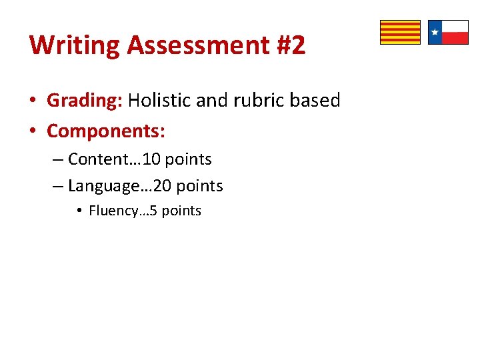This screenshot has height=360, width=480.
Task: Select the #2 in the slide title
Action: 289,45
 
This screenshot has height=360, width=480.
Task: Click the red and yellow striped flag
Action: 400,32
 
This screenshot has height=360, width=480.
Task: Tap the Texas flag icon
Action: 448,32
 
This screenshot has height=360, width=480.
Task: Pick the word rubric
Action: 254,101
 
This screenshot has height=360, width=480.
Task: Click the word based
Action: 317,101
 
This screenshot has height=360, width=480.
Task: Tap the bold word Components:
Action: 106,131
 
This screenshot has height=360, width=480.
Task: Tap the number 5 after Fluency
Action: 153,211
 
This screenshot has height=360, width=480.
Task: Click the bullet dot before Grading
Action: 32,101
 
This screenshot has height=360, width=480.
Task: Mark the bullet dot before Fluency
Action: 79,211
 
